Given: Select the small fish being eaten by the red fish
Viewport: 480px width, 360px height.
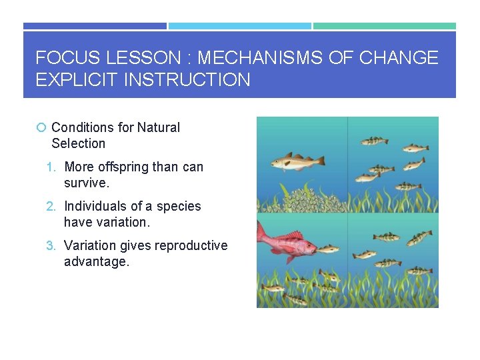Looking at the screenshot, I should coord(328,249).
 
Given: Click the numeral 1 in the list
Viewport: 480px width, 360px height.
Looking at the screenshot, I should coord(50,167).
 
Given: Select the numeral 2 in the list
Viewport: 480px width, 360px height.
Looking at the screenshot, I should coord(50,206).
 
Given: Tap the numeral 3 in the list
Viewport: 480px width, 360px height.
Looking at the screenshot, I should coord(50,245).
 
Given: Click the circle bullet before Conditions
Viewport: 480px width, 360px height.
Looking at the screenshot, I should coord(41,127).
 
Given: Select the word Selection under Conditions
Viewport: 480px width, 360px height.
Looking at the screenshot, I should coord(78,143).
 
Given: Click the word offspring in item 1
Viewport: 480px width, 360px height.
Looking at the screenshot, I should coord(123,167).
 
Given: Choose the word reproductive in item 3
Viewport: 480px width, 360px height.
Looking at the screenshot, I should coord(191,245).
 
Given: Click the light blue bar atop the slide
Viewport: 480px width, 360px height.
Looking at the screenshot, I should coord(239,26).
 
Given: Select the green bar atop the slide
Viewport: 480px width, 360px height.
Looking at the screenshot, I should coord(385,26).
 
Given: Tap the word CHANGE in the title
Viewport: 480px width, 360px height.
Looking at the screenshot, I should coord(399,58).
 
